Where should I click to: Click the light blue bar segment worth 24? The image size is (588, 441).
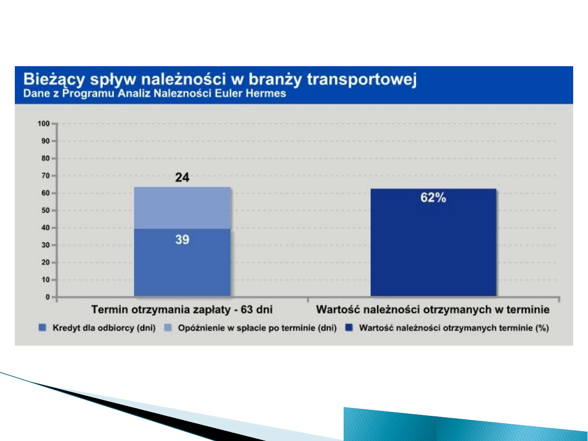click(182, 208)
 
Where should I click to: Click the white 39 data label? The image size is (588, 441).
click(182, 240)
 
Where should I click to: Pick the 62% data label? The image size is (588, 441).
click(433, 199)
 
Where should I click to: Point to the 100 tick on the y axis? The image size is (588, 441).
click(44, 123)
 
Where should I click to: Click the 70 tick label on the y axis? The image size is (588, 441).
click(46, 176)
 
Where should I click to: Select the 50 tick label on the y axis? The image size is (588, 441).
click(46, 210)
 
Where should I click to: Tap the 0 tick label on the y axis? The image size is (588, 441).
click(48, 297)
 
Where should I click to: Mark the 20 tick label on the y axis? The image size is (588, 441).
click(46, 263)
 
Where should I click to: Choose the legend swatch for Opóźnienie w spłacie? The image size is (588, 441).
click(167, 327)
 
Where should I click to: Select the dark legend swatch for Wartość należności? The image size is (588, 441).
click(349, 327)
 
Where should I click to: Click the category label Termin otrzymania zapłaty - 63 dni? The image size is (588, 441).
click(182, 310)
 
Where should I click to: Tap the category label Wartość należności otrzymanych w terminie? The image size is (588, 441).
click(433, 310)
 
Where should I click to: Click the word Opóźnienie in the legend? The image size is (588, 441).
click(196, 327)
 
